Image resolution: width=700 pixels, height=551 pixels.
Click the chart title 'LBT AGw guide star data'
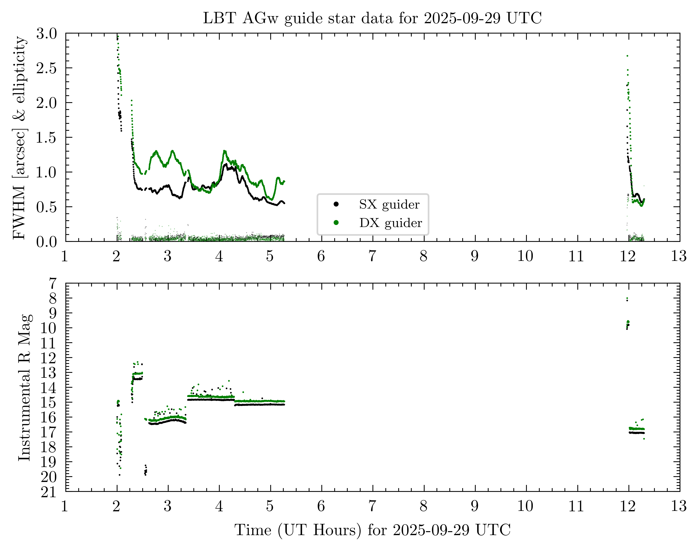[x=372, y=18]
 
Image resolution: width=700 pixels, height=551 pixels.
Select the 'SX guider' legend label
[x=389, y=205]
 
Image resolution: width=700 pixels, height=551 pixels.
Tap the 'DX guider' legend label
[x=391, y=223]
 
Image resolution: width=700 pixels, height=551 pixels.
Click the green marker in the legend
[x=336, y=223]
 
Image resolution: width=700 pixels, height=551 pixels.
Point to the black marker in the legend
[x=336, y=204]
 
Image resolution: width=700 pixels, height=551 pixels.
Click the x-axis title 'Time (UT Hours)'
[x=372, y=530]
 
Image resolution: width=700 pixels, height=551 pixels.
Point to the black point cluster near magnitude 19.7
[x=146, y=472]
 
